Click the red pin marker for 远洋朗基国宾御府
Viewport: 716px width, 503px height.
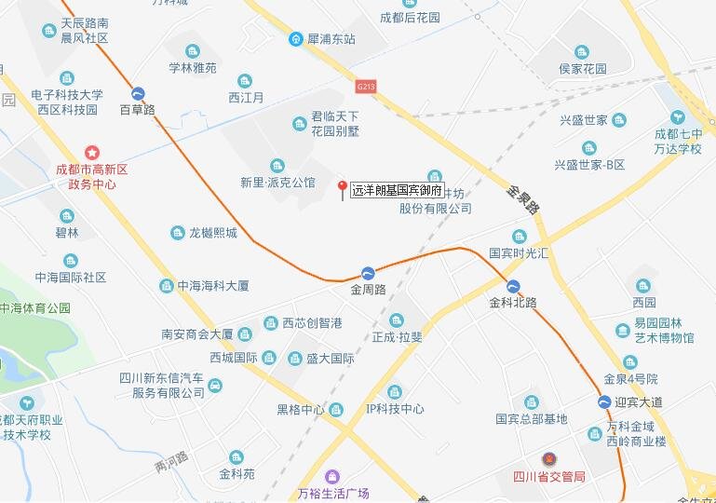pos(342,186)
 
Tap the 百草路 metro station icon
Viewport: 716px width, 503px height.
pos(138,93)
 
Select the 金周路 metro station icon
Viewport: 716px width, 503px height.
pos(369,273)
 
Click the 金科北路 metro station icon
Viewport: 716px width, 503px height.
pos(513,285)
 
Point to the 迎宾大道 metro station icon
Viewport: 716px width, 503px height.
pos(605,401)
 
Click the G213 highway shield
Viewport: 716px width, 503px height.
pos(366,86)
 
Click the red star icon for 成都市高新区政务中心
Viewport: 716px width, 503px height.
pos(91,152)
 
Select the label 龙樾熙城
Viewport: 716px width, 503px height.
pos(213,233)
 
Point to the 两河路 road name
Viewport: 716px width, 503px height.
pos(171,462)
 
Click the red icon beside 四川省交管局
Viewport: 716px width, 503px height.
pos(548,459)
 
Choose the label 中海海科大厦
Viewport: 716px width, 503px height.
pos(213,286)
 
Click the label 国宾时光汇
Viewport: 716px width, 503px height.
pos(520,253)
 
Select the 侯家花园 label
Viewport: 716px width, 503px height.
pos(582,69)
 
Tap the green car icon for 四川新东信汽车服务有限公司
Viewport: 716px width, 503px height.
pos(215,385)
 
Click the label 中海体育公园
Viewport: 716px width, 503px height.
pos(35,308)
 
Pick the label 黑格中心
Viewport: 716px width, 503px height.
pos(300,409)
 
